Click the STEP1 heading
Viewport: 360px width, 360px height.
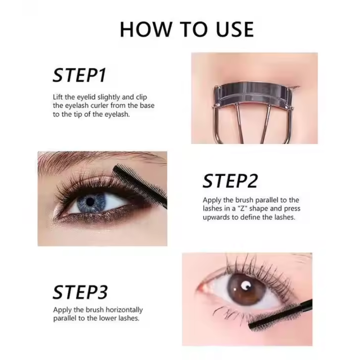pyautogui.click(x=79, y=76)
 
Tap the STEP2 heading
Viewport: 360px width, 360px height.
pyautogui.click(x=230, y=181)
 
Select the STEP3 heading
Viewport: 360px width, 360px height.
pyautogui.click(x=80, y=292)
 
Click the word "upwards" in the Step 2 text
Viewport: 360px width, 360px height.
pyautogui.click(x=216, y=217)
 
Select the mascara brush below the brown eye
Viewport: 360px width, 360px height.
pyautogui.click(x=274, y=315)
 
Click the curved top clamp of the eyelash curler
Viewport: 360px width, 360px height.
pyautogui.click(x=252, y=92)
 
